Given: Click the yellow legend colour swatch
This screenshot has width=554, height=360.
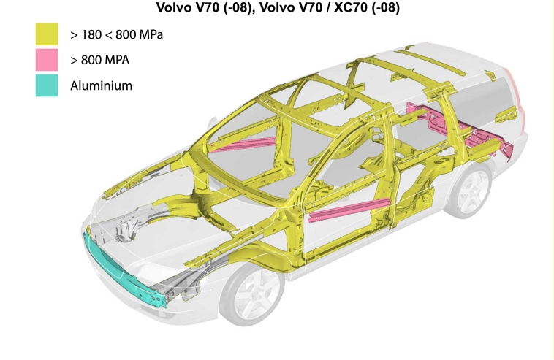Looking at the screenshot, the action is [x=47, y=34].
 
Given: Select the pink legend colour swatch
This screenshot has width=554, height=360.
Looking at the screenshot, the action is [x=47, y=60].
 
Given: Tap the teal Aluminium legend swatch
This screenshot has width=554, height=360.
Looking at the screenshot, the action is [x=47, y=85].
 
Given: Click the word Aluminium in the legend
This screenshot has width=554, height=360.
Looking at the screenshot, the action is [x=101, y=85].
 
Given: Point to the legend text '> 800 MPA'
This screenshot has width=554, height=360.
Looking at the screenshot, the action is [x=100, y=60].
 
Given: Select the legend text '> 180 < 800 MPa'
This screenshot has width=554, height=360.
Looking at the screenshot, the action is [x=117, y=34].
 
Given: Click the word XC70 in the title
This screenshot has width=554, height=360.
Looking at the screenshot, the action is [x=350, y=7].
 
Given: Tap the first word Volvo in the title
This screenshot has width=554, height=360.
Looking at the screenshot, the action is [x=174, y=7].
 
